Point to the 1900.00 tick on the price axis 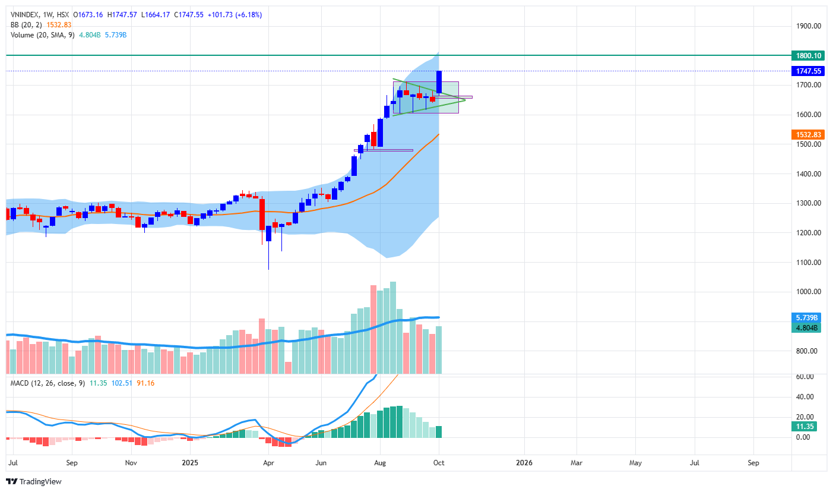[809, 26]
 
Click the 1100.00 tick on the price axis [809, 263]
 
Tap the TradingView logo [34, 481]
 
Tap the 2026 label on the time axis [524, 462]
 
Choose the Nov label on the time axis [131, 462]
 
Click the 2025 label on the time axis [189, 462]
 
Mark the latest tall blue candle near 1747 [439, 82]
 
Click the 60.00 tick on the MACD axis [805, 377]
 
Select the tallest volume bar [393, 327]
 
